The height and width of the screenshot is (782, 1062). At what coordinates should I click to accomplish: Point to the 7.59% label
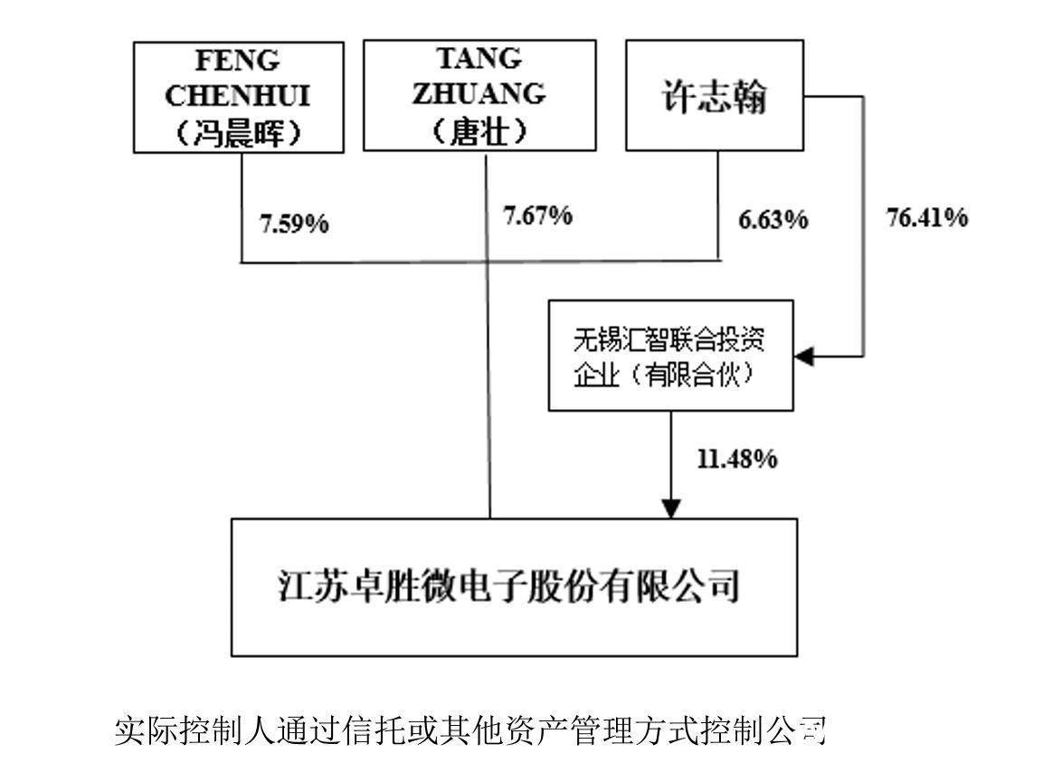294,223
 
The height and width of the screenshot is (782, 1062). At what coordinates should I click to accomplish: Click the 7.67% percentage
537,215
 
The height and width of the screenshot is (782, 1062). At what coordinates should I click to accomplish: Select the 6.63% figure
773,220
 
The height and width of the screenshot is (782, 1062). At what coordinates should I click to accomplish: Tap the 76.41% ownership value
927,217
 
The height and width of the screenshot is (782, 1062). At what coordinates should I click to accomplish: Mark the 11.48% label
737,459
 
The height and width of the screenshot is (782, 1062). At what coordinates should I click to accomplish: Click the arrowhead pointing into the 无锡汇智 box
804,356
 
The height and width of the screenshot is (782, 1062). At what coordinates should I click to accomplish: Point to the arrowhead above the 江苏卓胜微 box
670,510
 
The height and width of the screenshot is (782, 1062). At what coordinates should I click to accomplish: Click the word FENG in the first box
238,61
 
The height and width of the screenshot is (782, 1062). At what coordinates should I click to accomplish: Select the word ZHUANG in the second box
479,93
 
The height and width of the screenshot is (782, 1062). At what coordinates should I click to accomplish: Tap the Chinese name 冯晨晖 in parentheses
239,131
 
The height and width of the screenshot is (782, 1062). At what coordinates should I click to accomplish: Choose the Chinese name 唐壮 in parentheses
479,129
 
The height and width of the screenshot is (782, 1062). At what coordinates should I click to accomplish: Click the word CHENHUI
238,96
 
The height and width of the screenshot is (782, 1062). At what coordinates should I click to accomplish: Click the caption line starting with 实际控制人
470,730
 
